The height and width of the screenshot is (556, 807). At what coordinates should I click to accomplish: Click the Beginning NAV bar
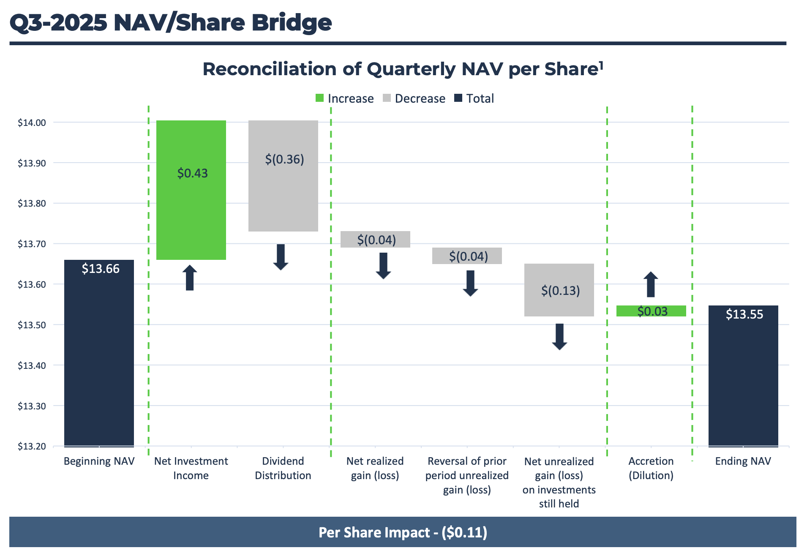(x=99, y=353)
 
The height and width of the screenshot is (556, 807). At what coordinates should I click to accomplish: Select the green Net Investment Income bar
(x=191, y=190)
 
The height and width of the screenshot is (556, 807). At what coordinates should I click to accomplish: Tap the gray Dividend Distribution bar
(x=283, y=176)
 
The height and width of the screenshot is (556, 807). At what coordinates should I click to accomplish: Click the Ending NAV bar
(x=743, y=376)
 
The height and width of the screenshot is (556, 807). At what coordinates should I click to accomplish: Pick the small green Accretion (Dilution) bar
(x=651, y=311)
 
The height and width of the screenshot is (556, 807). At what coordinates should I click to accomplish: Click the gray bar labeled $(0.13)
(x=559, y=290)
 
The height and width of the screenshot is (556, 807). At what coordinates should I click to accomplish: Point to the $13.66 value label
(x=101, y=269)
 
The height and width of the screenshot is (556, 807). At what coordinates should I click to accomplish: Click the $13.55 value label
(x=744, y=314)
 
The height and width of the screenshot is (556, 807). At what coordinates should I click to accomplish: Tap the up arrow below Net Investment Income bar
(x=190, y=278)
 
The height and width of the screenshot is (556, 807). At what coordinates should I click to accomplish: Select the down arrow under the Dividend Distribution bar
(x=281, y=257)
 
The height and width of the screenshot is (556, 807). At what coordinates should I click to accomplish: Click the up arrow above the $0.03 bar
(x=651, y=284)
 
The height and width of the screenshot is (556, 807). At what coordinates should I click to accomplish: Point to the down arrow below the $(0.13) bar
(x=559, y=337)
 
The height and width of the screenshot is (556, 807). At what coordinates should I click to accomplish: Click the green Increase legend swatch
(x=319, y=98)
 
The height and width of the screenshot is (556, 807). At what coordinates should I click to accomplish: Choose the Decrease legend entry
(x=414, y=98)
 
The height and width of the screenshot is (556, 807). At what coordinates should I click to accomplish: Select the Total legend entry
(x=474, y=98)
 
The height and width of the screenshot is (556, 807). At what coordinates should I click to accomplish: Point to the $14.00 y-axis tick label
(x=32, y=123)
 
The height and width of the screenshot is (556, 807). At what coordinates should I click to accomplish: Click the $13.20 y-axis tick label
(x=32, y=446)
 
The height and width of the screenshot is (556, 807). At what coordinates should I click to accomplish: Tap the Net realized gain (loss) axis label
(x=375, y=468)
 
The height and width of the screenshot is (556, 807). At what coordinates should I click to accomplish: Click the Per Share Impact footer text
(x=403, y=532)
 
